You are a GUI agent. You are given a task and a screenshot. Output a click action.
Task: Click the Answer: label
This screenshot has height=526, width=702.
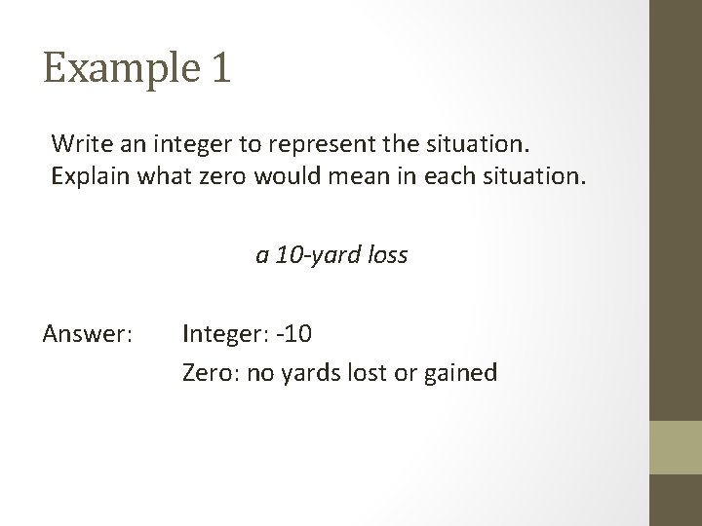(x=87, y=335)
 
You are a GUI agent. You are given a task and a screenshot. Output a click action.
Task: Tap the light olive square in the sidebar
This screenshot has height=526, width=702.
(x=677, y=447)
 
